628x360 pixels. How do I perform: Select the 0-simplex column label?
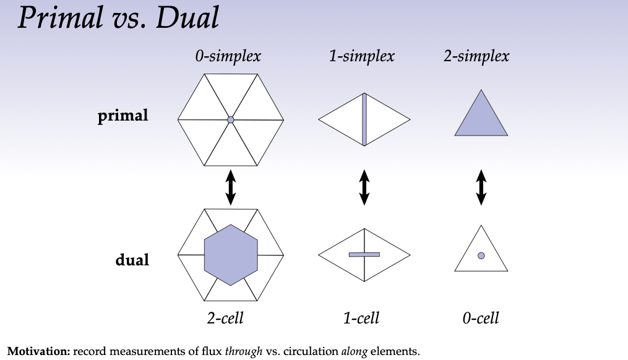228,56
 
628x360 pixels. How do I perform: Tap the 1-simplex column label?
362,56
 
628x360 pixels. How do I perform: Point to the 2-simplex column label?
476,56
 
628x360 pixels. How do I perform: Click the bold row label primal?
123,116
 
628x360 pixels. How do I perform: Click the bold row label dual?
132,260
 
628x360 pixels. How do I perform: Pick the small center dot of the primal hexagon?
230,119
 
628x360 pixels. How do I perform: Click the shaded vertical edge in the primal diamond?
364,119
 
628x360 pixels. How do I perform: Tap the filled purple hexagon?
231,255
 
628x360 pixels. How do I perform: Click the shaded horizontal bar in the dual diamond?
364,254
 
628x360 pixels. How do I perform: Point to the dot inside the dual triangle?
481,255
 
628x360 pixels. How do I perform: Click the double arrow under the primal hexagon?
230,187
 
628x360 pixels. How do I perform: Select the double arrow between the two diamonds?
364,187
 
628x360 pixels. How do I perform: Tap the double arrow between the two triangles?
481,187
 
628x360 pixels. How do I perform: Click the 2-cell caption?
225,319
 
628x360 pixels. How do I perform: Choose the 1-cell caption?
361,319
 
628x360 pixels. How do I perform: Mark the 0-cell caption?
480,319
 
